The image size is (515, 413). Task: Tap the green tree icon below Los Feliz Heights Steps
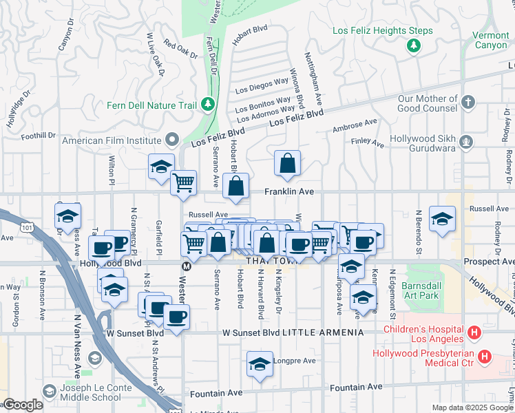413,45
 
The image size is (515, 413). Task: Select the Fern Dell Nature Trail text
151,105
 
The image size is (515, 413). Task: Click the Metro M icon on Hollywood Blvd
185,266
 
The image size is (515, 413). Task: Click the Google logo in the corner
23,405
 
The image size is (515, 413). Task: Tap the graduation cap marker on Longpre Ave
260,364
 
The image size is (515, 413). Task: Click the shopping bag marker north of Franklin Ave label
287,164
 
